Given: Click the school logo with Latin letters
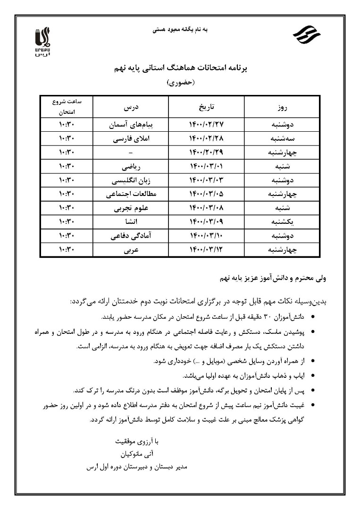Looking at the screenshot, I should click(42, 42).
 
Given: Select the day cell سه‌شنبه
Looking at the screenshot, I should click(281, 139).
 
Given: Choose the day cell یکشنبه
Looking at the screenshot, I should click(281, 221).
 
